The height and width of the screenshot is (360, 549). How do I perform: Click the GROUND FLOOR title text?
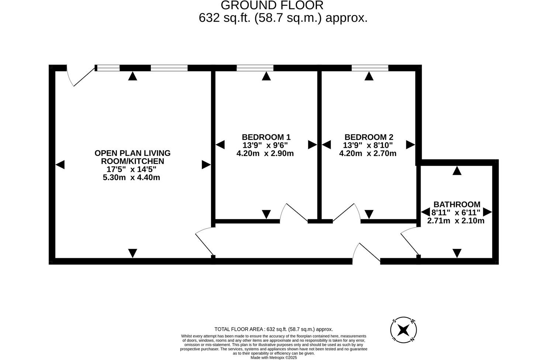tap(272, 5)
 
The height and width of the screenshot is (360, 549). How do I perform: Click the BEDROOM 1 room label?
tap(266, 137)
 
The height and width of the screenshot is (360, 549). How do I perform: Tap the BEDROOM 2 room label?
tap(369, 137)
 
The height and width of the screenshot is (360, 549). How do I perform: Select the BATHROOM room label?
tap(457, 204)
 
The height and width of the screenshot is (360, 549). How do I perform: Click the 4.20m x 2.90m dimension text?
tap(265, 153)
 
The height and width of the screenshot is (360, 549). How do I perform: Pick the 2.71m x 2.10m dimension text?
tap(456, 221)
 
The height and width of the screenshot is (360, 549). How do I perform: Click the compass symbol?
tap(404, 329)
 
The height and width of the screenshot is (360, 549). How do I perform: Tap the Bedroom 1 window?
tap(255, 68)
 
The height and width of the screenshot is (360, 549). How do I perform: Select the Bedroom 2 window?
tap(370, 68)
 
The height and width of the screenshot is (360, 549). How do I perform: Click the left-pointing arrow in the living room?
tap(60, 165)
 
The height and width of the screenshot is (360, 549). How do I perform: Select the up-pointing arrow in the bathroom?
tap(457, 170)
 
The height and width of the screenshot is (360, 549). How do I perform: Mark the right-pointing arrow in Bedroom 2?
tap(410, 145)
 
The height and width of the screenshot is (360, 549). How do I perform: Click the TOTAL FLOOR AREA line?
tap(273, 329)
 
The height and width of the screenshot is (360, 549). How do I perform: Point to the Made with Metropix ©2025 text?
tap(273, 357)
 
